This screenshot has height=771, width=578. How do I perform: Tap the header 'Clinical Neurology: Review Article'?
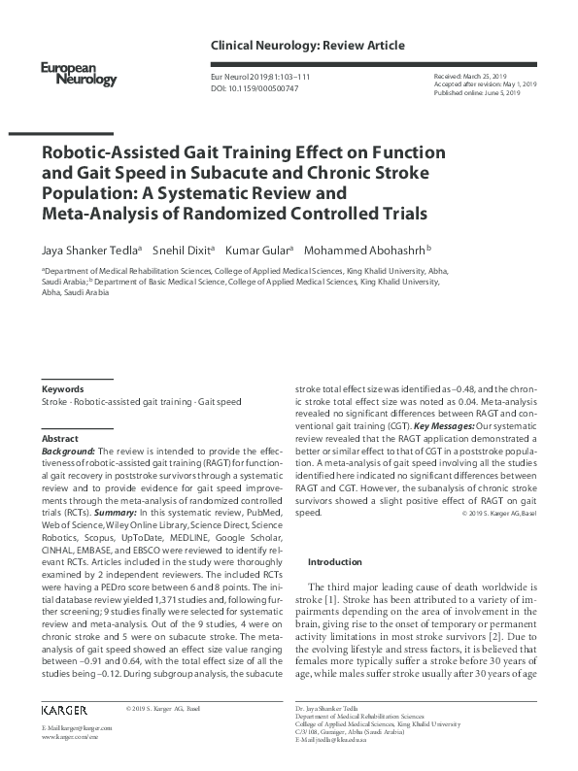[x=307, y=46]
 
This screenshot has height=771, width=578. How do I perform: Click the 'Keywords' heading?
[x=62, y=388]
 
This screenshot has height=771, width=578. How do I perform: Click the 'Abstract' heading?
[x=60, y=439]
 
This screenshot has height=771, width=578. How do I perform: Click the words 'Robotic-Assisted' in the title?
[x=106, y=153]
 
